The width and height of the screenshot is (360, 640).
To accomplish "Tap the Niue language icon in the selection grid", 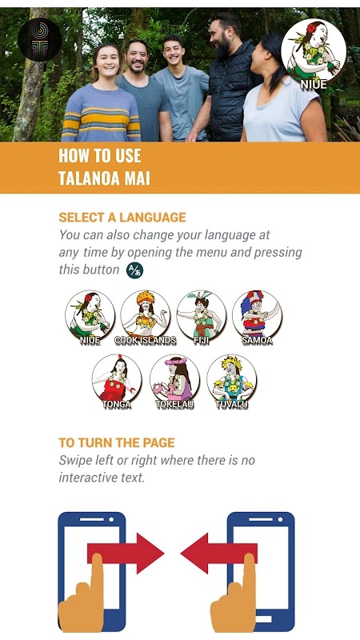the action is (90, 315).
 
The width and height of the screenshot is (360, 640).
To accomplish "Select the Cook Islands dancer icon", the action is (146, 315).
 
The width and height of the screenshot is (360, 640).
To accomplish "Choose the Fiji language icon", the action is (202, 315).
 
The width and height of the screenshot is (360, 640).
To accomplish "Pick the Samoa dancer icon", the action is (257, 315).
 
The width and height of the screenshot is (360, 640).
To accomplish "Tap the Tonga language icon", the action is (117, 379).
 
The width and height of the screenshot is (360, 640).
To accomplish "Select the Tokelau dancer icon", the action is (174, 379).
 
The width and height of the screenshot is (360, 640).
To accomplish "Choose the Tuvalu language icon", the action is (232, 379).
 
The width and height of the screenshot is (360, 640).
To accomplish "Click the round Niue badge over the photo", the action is (314, 52).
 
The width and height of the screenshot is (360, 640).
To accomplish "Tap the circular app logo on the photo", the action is (39, 39).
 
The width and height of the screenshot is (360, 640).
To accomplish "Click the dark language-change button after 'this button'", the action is (134, 270).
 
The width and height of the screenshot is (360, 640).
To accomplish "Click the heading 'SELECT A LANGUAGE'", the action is (122, 217).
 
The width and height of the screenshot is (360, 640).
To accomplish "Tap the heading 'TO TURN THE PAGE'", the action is (117, 443).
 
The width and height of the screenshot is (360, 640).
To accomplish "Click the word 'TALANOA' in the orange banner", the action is (87, 178).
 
